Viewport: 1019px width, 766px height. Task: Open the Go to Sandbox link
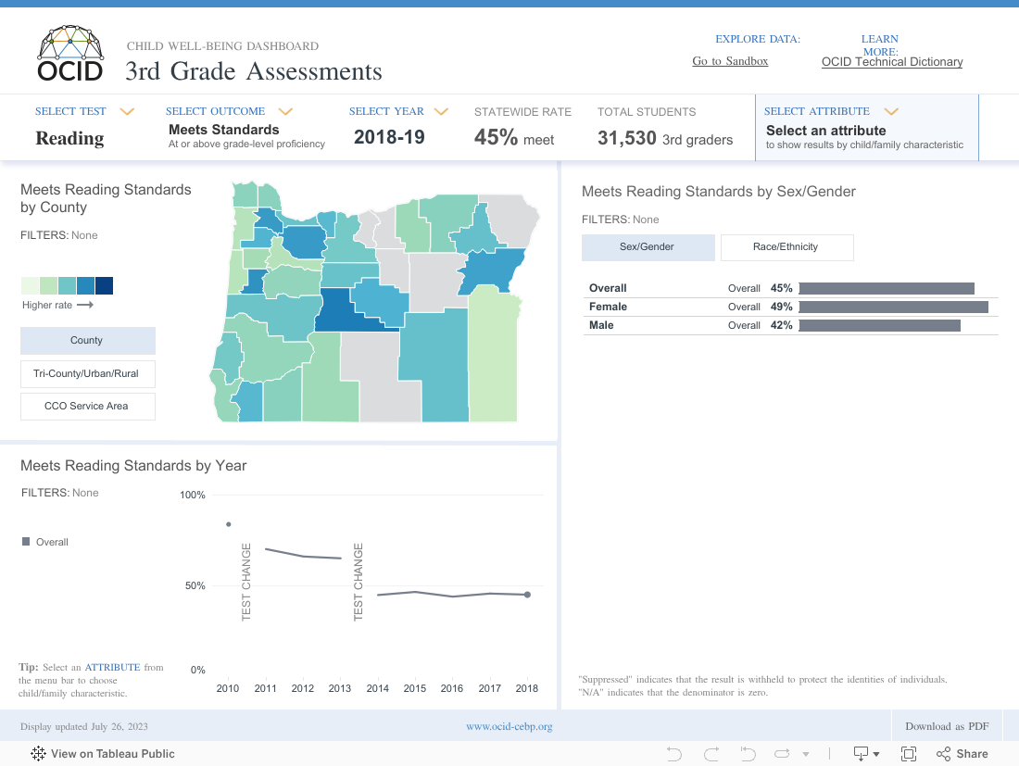(x=730, y=61)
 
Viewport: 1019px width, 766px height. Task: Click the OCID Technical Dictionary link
(x=891, y=62)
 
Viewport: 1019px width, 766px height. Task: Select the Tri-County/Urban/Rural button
(x=87, y=373)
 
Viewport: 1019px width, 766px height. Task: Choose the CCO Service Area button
(x=87, y=406)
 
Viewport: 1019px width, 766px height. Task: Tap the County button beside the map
(x=87, y=340)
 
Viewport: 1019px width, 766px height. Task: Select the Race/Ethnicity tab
(x=786, y=247)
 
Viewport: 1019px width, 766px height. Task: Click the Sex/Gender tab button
(x=648, y=247)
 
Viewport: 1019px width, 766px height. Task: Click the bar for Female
(x=893, y=307)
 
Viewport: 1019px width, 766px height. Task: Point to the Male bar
(x=879, y=325)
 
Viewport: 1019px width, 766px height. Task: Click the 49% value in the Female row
(x=781, y=307)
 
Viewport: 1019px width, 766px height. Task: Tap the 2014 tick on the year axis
(x=377, y=688)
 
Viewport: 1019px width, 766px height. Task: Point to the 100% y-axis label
(x=192, y=496)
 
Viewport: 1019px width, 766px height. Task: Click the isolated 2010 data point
(x=228, y=524)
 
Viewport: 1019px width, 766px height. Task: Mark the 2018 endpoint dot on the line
(x=527, y=595)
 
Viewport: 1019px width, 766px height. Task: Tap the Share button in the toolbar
(x=962, y=754)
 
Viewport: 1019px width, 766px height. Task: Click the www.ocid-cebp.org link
(x=509, y=726)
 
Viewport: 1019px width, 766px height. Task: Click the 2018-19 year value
(x=389, y=137)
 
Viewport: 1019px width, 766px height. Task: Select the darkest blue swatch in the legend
(x=104, y=285)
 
